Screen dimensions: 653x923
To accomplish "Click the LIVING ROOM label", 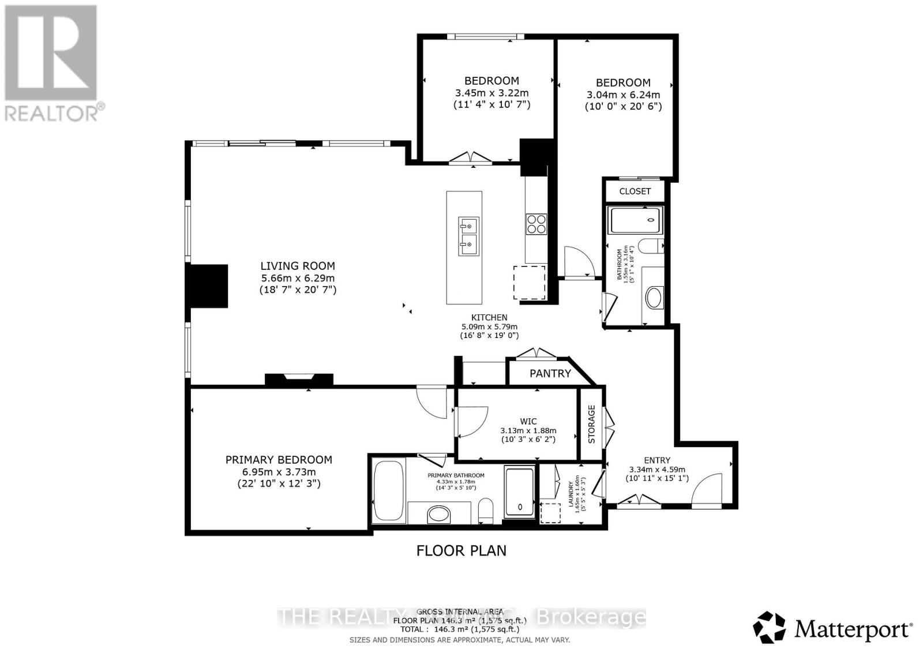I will click(297, 266).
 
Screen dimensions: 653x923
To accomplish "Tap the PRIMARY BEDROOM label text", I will click(279, 460).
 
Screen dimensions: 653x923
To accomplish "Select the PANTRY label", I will click(550, 374).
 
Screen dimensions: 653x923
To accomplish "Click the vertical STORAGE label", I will click(591, 424).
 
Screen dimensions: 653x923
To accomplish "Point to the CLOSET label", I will click(635, 191).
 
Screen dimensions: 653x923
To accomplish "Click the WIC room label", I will click(528, 422).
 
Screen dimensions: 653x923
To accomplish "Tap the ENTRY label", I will click(657, 460).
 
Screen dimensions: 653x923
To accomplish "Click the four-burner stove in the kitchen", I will click(536, 223).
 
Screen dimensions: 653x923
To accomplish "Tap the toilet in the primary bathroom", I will click(486, 511).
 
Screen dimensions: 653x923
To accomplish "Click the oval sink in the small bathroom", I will click(654, 298).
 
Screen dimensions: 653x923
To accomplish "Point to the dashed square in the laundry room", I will click(551, 513).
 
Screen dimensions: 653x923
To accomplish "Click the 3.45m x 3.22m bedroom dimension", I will click(491, 93).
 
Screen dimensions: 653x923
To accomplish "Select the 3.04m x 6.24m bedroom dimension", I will click(623, 95).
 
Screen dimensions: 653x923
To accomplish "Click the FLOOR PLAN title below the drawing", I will click(461, 550).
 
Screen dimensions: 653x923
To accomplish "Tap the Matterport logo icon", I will click(770, 627).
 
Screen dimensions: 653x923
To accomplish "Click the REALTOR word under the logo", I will click(52, 112).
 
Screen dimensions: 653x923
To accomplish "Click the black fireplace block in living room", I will click(209, 286).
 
